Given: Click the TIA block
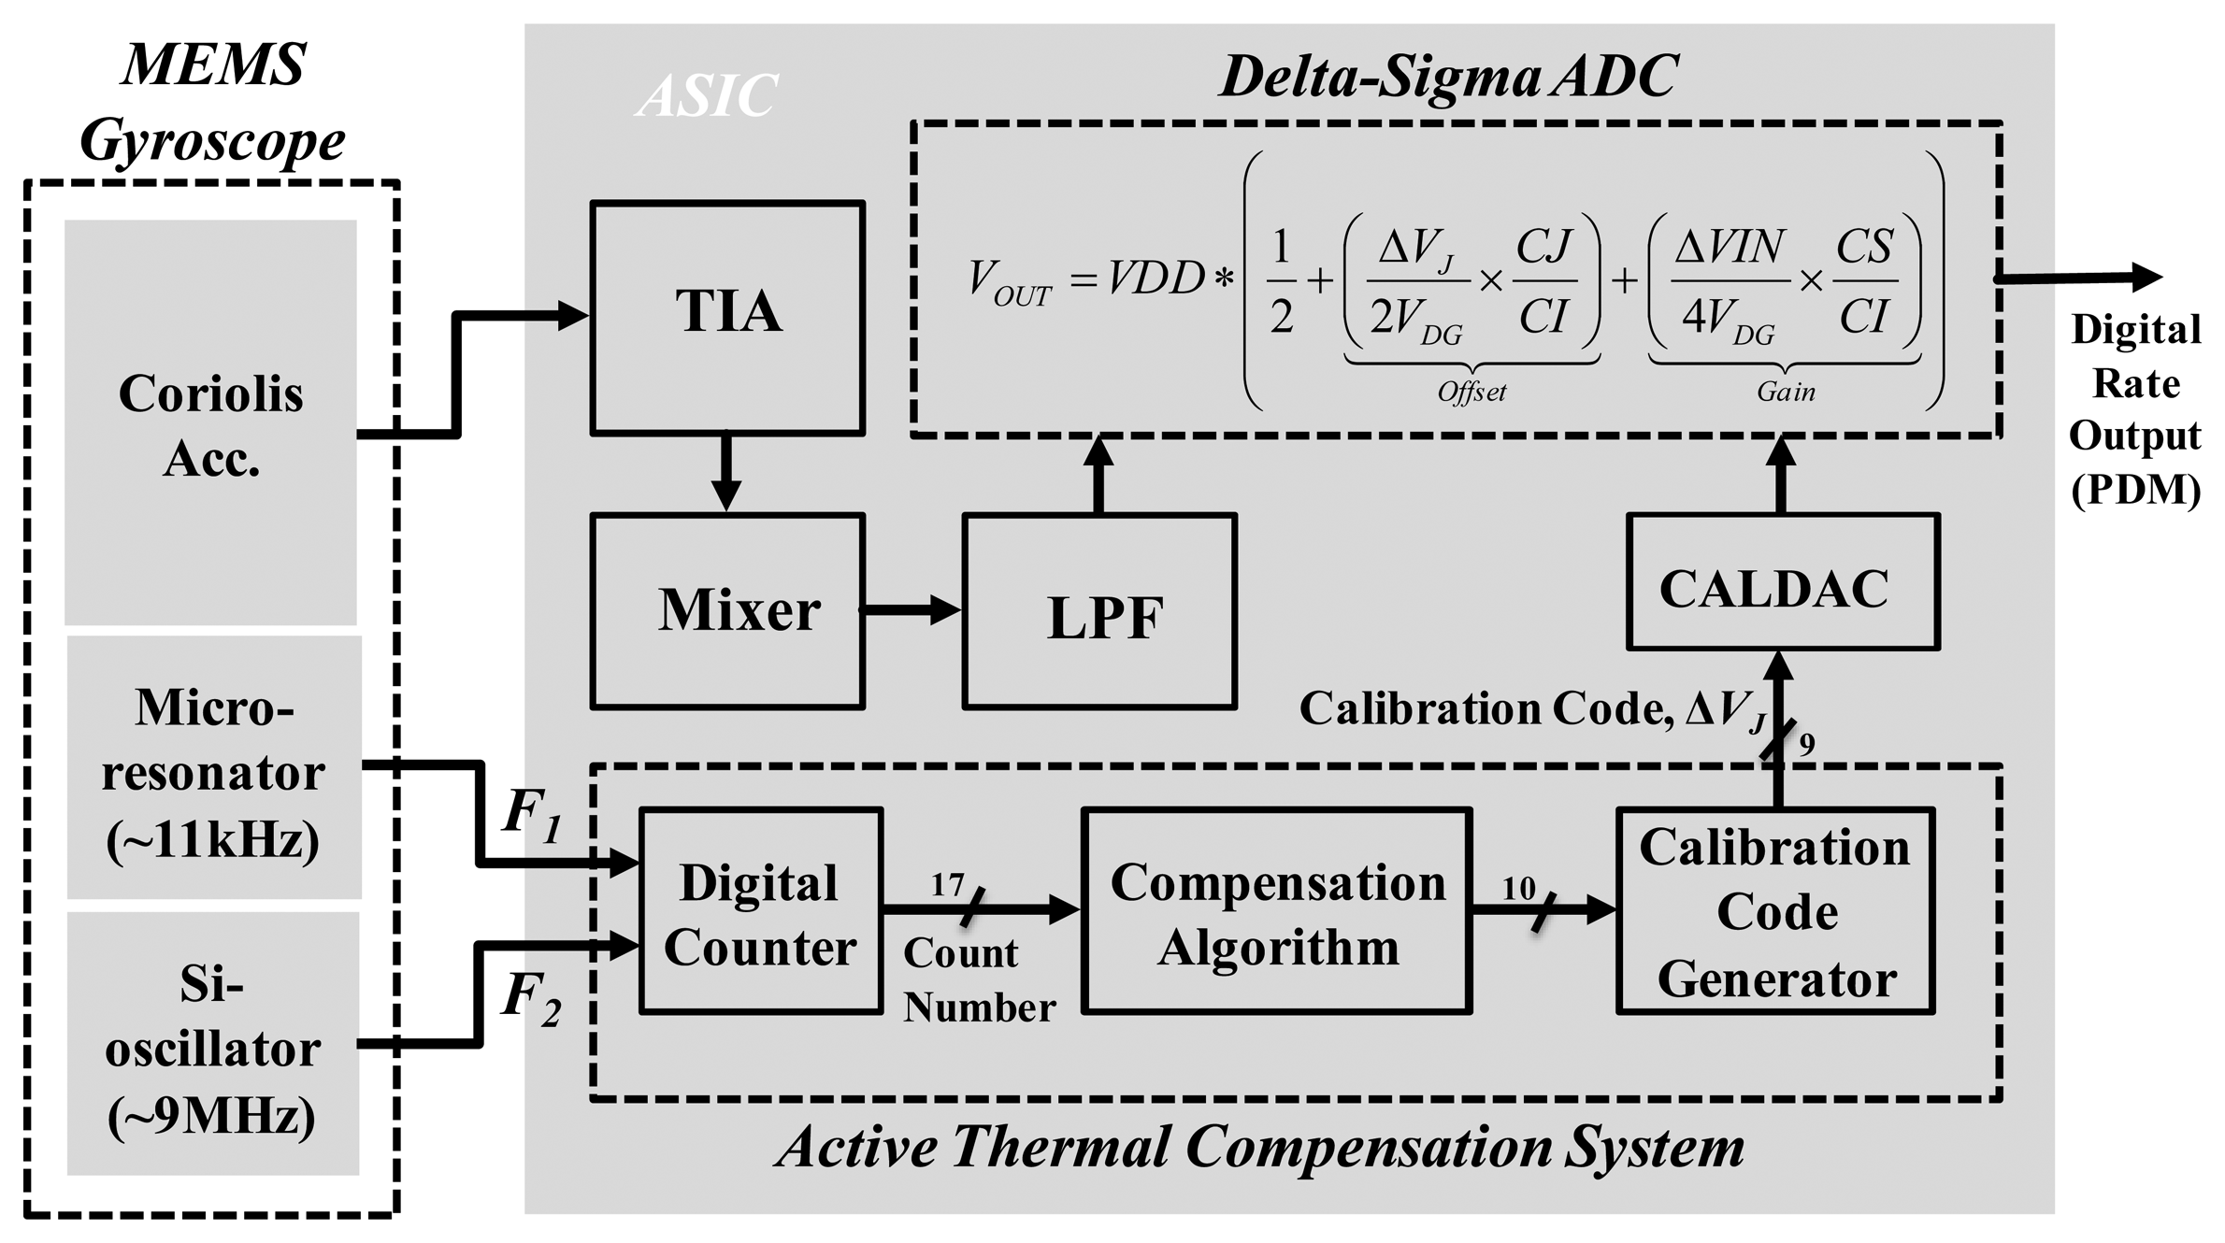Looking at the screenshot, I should tap(727, 318).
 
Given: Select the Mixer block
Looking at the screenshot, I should tap(727, 610).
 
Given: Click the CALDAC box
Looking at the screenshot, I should tap(1782, 581).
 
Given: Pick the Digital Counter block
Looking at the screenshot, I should tap(760, 911).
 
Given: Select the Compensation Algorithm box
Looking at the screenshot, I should tap(1277, 911).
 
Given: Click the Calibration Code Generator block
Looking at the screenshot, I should tap(1774, 911).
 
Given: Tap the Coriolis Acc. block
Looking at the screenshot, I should tap(210, 422).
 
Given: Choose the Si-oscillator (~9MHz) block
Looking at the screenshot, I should tap(213, 1044).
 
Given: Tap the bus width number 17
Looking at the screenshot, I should tap(946, 884).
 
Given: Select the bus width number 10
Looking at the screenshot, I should tap(1518, 888).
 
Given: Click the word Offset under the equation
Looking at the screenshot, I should tap(1471, 392).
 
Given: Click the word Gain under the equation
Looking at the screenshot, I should tap(1786, 392).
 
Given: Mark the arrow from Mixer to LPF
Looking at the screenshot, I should tap(912, 611).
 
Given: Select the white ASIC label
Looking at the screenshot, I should tap(707, 96).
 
